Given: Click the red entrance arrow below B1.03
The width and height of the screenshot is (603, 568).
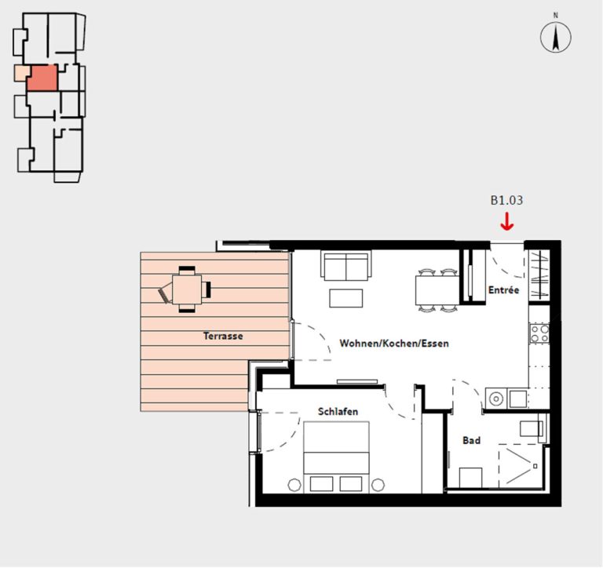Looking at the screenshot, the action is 507,223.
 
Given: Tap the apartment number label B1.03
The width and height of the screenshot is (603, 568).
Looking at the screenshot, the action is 506,200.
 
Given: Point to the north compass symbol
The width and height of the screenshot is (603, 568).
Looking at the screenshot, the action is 556,37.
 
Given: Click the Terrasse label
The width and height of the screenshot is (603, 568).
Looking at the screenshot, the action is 223,337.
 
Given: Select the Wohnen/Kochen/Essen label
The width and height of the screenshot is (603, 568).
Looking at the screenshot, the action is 394,343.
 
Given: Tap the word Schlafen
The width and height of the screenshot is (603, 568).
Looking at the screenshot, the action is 338,412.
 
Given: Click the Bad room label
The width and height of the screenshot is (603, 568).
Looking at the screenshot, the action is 471,440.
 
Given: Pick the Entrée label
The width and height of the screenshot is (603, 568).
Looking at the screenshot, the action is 504,290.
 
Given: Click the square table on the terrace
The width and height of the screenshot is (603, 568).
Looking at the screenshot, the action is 187,289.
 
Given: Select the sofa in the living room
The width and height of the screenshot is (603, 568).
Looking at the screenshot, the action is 346,265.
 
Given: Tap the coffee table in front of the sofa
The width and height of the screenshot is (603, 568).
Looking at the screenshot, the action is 346,298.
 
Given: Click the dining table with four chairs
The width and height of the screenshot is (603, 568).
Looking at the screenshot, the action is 437,290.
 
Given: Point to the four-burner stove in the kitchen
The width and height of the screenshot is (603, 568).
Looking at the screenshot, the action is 539,333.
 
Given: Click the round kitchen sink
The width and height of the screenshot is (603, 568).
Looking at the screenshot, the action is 496,399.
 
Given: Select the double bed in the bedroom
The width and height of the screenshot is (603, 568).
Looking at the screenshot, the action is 337,457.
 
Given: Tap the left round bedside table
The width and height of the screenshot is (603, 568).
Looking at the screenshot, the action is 294,485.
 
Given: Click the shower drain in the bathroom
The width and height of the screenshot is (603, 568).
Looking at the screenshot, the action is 535,466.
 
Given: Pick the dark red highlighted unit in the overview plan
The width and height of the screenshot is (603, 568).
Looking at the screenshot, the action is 42,78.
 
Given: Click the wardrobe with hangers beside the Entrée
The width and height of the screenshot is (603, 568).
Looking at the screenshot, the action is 539,275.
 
